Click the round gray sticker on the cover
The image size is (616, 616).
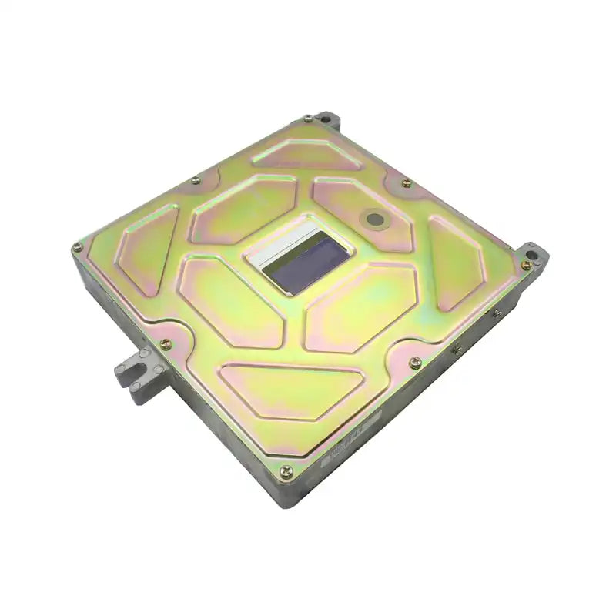[x=375, y=219]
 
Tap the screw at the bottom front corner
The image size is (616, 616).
[x=286, y=471]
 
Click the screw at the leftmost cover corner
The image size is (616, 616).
[x=77, y=247]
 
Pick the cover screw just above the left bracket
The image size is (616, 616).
[x=165, y=344]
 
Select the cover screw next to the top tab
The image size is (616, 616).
[x=307, y=119]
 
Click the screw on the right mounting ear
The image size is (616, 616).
[x=526, y=264]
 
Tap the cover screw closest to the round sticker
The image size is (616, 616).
[x=407, y=183]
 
